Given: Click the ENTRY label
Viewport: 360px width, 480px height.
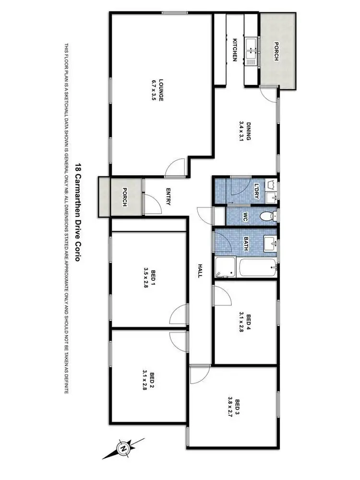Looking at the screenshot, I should click(168, 196).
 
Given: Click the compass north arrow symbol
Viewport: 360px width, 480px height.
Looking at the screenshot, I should click(123, 448).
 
